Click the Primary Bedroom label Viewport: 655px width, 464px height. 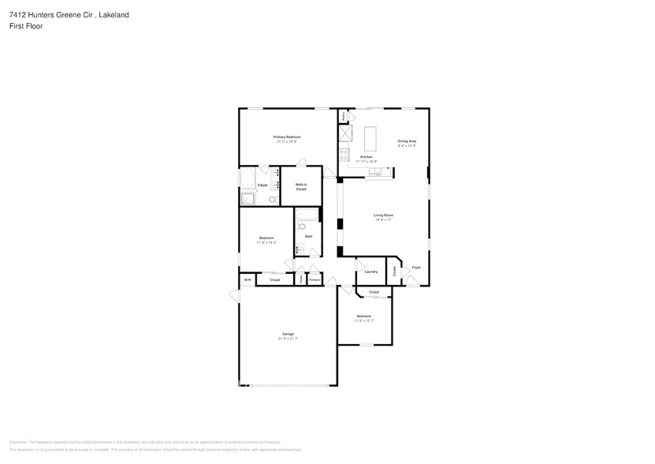tap(288, 137)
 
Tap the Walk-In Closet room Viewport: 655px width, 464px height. tap(301, 188)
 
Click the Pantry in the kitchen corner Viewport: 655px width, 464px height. tap(344, 116)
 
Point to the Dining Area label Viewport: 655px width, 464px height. tap(407, 141)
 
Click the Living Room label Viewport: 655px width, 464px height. tap(383, 215)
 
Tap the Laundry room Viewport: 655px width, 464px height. tap(370, 271)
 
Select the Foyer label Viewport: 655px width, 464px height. tap(416, 268)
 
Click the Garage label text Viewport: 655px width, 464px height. tap(288, 334)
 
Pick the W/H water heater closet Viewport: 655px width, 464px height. tap(247, 279)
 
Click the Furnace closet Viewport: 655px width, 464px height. tap(314, 279)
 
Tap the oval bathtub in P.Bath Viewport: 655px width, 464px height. tap(248, 177)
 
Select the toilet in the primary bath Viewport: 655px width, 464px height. tap(272, 200)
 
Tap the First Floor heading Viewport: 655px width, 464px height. tap(27, 26)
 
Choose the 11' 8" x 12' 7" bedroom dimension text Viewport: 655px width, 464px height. tap(363, 320)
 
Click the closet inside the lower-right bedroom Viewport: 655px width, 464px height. tap(374, 293)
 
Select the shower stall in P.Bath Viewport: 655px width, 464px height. tap(248, 198)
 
